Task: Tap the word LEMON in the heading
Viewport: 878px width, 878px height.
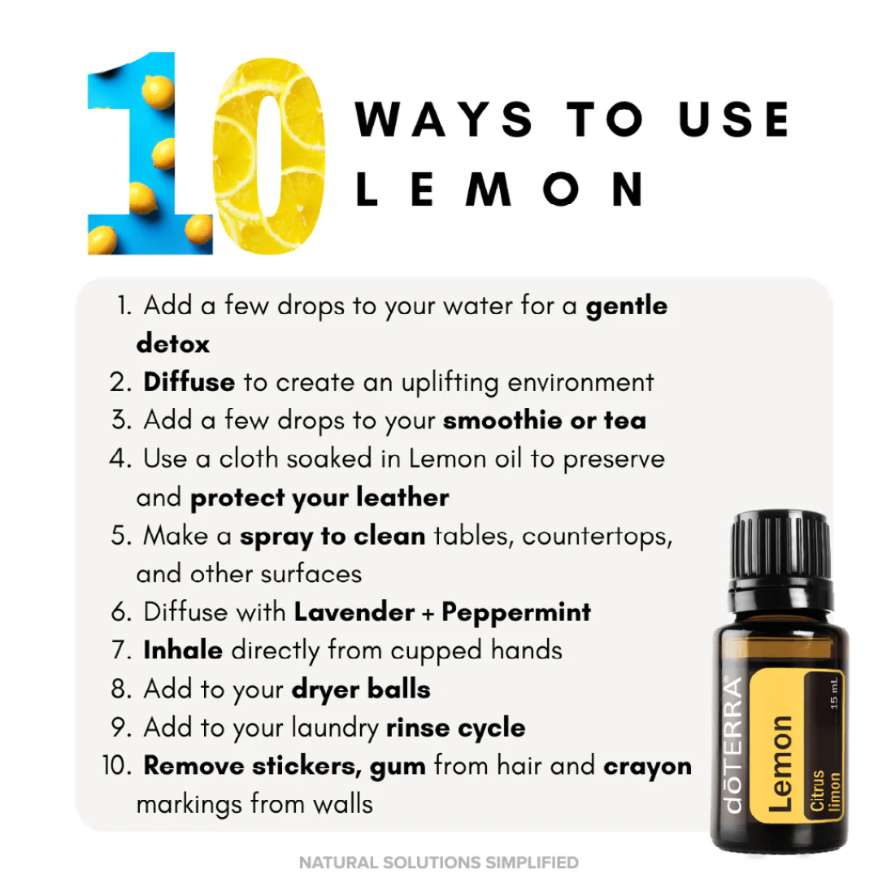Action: click(x=501, y=189)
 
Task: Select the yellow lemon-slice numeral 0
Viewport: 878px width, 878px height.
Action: click(x=268, y=154)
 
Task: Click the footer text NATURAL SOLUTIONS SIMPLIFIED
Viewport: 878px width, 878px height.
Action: click(x=439, y=863)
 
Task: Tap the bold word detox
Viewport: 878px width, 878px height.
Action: click(x=172, y=343)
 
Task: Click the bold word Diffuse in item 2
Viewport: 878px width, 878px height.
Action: click(x=189, y=382)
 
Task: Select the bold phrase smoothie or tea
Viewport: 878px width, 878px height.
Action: click(x=545, y=420)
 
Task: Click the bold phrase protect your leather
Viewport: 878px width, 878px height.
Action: click(x=319, y=498)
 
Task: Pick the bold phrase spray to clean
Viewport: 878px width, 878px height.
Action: click(x=332, y=536)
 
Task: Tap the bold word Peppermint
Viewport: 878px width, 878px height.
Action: click(x=516, y=612)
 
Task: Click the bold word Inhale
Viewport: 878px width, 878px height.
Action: click(x=183, y=650)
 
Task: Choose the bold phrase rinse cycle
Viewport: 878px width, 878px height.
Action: click(x=455, y=728)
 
